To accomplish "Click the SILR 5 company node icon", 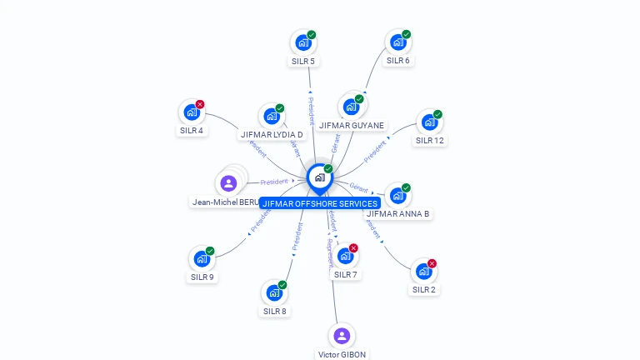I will (302, 42).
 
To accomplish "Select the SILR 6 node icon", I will (397, 42).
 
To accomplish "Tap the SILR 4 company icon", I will (192, 112).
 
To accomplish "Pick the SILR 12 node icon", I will (429, 122).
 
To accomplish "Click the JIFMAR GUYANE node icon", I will (351, 107).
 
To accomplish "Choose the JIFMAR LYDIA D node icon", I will (271, 117).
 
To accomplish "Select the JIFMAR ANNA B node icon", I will (397, 196).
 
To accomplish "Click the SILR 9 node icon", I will (202, 259).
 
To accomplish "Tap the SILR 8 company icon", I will (274, 293).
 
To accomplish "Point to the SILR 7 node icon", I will (345, 257).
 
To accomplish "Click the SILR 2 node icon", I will (423, 272).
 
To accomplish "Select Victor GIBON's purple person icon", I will (341, 336).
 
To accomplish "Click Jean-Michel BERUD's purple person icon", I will (228, 183).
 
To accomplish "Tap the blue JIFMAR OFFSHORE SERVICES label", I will (320, 203).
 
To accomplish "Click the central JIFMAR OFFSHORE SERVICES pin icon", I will (319, 177).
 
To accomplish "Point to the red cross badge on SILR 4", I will (200, 104).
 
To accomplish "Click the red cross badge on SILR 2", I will (432, 263).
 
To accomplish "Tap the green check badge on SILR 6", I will (406, 34).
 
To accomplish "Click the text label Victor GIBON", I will (342, 354).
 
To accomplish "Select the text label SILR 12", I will (429, 141).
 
